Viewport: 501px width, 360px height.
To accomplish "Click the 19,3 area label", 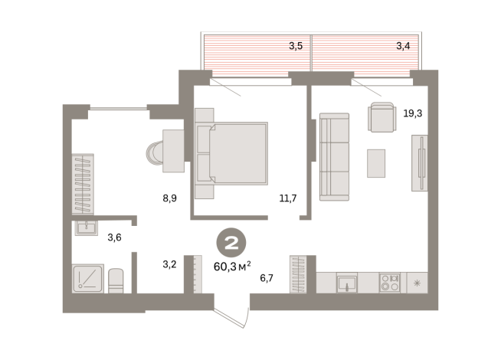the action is pos(412,113).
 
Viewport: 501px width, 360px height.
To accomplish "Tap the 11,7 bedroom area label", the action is pos(288,198).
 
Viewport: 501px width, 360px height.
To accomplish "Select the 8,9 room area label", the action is pos(169,198).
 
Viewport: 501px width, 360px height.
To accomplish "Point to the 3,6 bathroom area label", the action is pos(114,237).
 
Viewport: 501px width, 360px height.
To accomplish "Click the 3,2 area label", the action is pos(169,264).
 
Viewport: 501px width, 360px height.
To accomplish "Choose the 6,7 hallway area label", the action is pos(267,278).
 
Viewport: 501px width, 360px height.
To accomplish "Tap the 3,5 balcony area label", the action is pos(296,46).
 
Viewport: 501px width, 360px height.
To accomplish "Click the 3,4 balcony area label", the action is pos(403,46).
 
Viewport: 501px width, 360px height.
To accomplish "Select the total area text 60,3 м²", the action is pos(232,266).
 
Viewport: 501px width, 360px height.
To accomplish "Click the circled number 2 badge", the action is pos(231,243).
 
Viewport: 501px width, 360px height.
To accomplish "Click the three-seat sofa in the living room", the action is pos(334,157).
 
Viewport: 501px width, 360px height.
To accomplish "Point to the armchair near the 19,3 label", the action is pos(381,117).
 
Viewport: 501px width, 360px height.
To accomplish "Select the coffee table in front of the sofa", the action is pos(376,163).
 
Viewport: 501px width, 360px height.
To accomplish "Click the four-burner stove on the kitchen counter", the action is pos(390,283).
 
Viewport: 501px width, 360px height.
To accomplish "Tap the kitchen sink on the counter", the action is pos(347,283).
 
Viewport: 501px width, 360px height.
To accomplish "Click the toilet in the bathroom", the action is pos(116,281).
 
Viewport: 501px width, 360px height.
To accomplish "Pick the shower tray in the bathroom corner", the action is pos(88,278).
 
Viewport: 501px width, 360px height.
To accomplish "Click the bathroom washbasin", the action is pos(87,228).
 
